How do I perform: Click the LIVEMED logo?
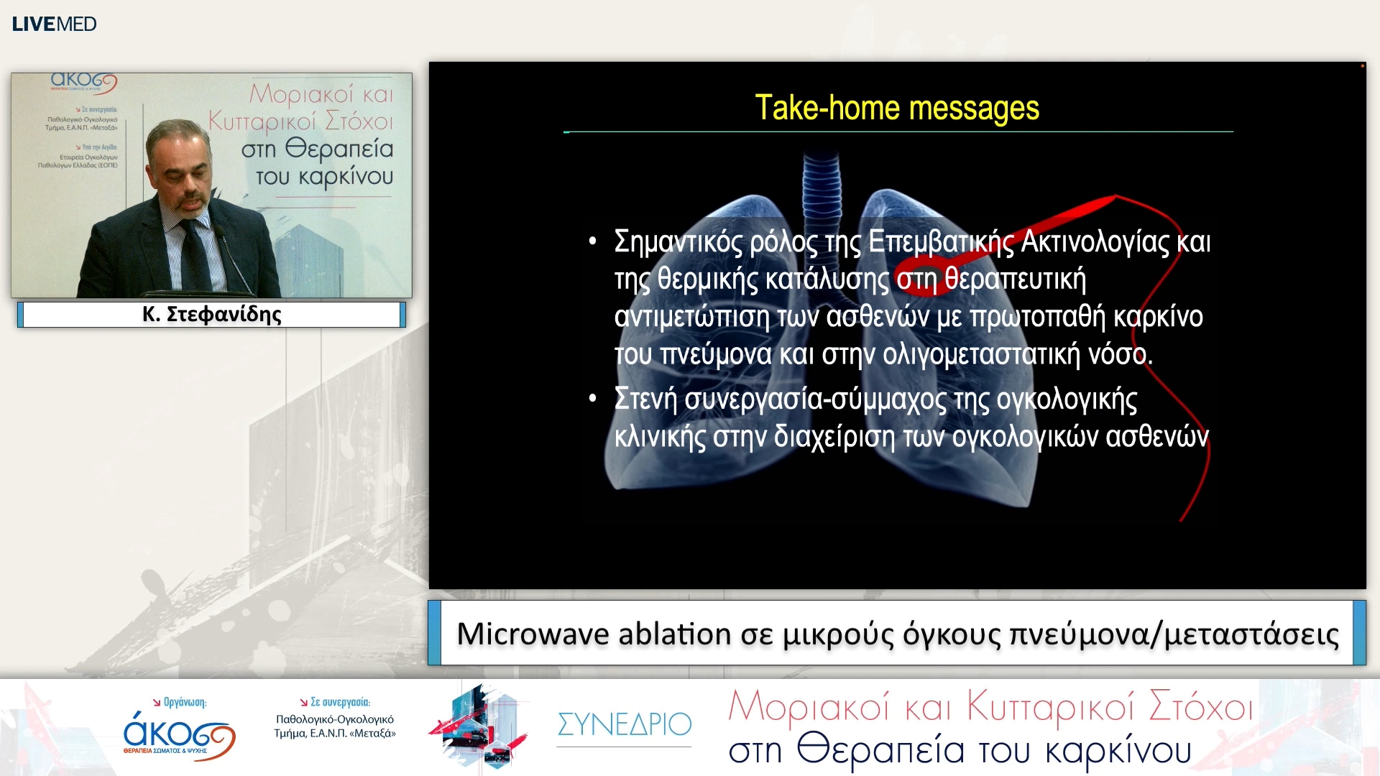click(x=54, y=24)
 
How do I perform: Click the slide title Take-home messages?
click(x=896, y=108)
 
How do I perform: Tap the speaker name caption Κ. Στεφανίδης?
click(x=211, y=314)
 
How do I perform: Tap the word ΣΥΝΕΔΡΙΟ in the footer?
click(x=624, y=724)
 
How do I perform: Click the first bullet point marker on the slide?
click(x=592, y=241)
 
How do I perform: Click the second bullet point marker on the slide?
click(x=592, y=399)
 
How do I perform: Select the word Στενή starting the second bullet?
click(x=645, y=399)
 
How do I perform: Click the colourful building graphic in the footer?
click(x=480, y=726)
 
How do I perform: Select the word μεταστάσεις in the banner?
click(x=1251, y=635)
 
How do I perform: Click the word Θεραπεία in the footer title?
click(x=880, y=750)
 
